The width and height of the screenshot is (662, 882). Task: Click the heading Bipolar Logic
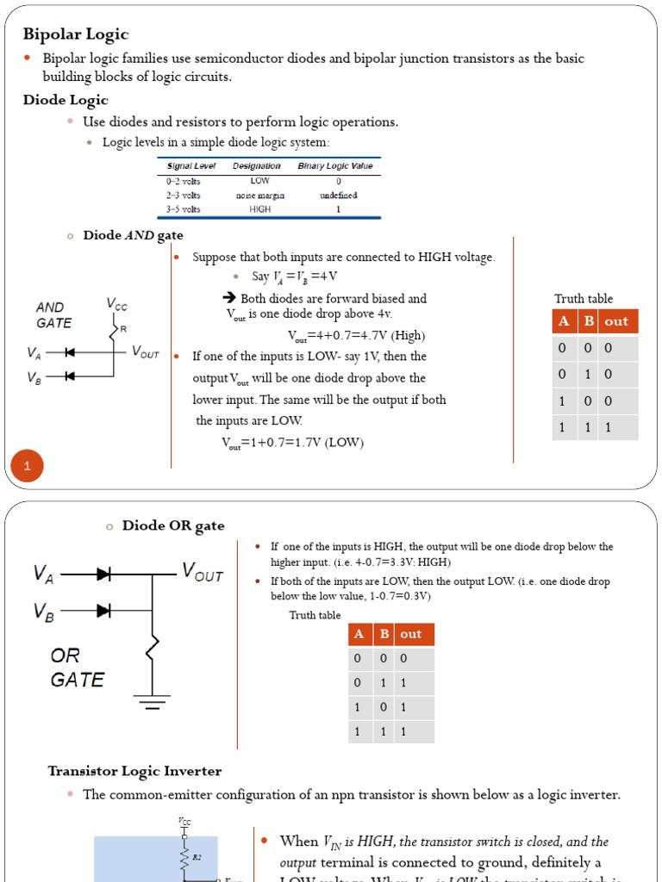[x=75, y=34]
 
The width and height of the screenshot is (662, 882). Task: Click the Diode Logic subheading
[x=65, y=100]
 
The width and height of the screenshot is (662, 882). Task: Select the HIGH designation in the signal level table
[x=259, y=208]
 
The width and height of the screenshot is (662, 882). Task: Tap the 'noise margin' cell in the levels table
[x=259, y=195]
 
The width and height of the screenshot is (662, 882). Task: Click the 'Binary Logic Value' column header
[x=334, y=165]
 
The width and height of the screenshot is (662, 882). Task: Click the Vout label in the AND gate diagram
[x=145, y=352]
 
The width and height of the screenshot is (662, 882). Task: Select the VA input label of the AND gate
[x=34, y=352]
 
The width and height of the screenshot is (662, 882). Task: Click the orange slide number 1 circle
[x=27, y=467]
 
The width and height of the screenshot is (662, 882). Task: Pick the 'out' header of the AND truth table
[x=615, y=321]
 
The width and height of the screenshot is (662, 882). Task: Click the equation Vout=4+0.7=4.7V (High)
[x=356, y=335]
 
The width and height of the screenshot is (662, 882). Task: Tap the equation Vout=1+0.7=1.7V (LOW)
[x=292, y=442]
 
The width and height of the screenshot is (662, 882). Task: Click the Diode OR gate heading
[x=172, y=525]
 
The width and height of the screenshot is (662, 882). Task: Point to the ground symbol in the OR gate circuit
[x=153, y=705]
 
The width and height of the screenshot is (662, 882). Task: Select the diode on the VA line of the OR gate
[x=104, y=574]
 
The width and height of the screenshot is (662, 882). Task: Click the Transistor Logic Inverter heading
[x=134, y=771]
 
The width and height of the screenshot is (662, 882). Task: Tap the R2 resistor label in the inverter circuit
[x=197, y=857]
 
